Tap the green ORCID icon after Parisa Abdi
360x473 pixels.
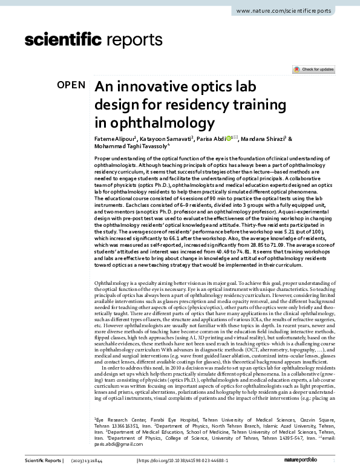tap(228, 139)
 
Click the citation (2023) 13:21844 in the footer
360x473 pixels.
tap(103, 461)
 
